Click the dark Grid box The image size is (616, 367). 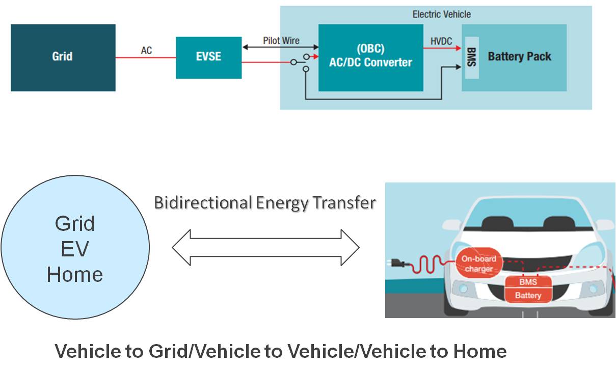pyautogui.click(x=63, y=58)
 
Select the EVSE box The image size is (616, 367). pyautogui.click(x=208, y=58)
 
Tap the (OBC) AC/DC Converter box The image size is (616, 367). pyautogui.click(x=370, y=57)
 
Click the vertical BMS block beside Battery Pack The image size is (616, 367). pyautogui.click(x=472, y=57)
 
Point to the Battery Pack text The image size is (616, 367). pyautogui.click(x=519, y=57)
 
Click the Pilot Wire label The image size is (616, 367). pyautogui.click(x=281, y=40)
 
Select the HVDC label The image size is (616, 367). pyautogui.click(x=441, y=41)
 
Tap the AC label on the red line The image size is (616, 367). pyautogui.click(x=146, y=50)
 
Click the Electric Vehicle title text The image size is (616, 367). pyautogui.click(x=441, y=14)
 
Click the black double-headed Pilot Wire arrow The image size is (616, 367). pyautogui.click(x=280, y=47)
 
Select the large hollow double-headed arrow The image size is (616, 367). pyautogui.click(x=265, y=248)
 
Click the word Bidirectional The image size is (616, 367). pyautogui.click(x=203, y=203)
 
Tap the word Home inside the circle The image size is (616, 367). pyautogui.click(x=75, y=275)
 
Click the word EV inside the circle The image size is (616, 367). pyautogui.click(x=75, y=249)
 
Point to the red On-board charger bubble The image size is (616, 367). pyautogui.click(x=478, y=264)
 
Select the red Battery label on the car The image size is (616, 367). pyautogui.click(x=528, y=295)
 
